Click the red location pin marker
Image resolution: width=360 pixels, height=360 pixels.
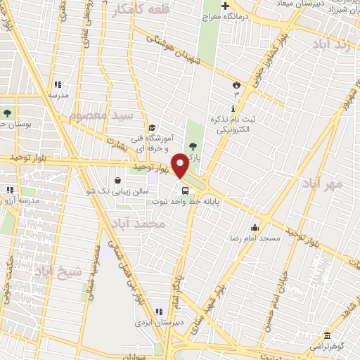(x=180, y=166)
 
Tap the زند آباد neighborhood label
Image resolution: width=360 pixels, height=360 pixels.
(x=334, y=44)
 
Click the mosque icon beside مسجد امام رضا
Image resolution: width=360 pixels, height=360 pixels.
(x=255, y=228)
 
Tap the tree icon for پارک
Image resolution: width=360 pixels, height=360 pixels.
(x=194, y=146)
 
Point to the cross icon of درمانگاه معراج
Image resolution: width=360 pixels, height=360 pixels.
(x=224, y=8)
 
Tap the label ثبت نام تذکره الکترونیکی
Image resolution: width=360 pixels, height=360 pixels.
(x=235, y=125)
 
